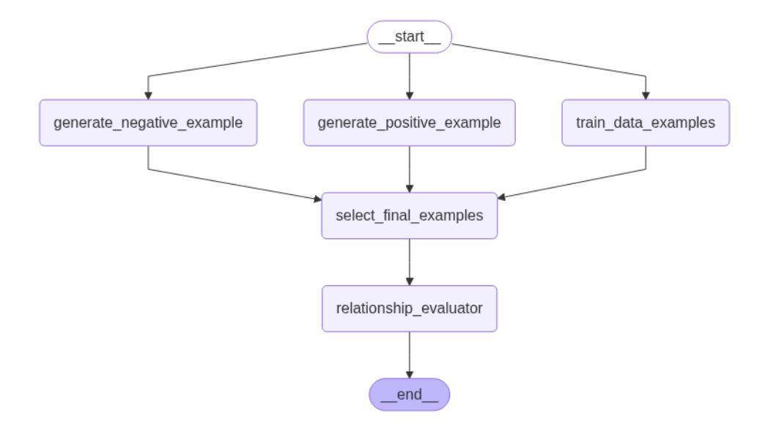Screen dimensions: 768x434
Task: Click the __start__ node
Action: [x=409, y=37]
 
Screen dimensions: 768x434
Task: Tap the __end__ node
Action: [x=409, y=394]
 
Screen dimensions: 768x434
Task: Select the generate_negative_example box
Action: [x=148, y=122]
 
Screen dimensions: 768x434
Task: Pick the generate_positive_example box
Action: [x=409, y=122]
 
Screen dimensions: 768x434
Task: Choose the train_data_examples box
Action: [x=646, y=122]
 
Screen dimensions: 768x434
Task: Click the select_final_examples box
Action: [x=409, y=216]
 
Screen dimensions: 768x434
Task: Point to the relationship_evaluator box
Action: [x=409, y=309]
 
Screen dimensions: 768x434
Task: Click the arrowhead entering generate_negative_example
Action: [x=148, y=95]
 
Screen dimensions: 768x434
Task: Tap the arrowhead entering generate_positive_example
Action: [x=410, y=95]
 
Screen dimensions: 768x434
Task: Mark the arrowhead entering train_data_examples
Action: [x=646, y=95]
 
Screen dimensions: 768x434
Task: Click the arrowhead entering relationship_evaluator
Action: [x=410, y=282]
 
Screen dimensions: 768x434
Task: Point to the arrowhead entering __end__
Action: [x=410, y=375]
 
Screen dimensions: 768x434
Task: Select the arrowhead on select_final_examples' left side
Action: [x=317, y=199]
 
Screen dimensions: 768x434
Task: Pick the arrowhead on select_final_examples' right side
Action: [x=501, y=197]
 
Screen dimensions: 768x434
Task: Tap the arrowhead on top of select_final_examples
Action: [x=410, y=188]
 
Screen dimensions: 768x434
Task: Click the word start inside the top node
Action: [x=409, y=36]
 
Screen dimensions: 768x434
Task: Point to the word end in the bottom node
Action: [x=409, y=394]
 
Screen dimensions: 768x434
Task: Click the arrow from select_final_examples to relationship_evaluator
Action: [x=410, y=262]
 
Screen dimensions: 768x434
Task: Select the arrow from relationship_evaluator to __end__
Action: [x=410, y=355]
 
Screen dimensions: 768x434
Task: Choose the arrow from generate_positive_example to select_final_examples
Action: [x=410, y=169]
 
